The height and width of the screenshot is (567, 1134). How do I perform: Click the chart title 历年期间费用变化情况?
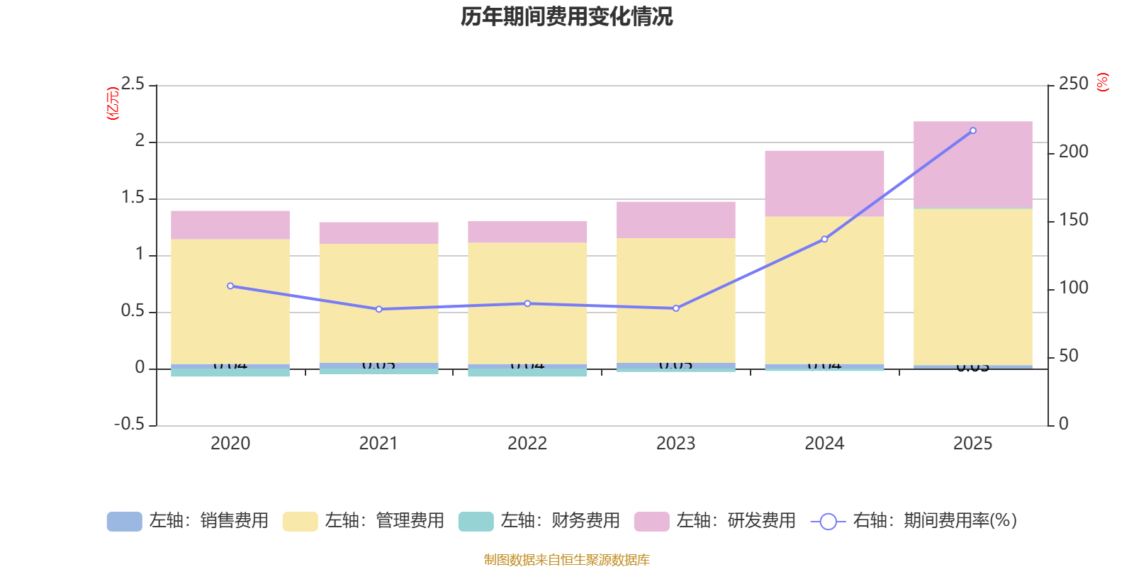pos(566,16)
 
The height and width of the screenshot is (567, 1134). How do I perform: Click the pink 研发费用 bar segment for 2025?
pos(972,164)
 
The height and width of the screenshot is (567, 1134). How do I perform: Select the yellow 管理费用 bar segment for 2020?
pos(230,301)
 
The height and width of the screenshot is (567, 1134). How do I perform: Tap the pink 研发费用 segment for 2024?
pos(824,183)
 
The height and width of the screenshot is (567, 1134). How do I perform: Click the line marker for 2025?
pos(972,130)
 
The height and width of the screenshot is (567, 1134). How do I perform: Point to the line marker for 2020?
pos(230,286)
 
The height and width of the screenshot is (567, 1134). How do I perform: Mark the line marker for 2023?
pos(675,308)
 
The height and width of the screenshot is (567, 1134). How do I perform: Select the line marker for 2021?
pos(378,309)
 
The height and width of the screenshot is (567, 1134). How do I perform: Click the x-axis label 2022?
pos(527,444)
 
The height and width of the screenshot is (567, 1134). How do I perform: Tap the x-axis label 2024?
pos(824,444)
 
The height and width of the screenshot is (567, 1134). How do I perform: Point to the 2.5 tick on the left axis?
pos(133,84)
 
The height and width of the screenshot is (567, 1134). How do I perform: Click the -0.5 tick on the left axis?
pos(129,424)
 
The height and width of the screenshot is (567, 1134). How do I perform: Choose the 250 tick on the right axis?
pos(1073,84)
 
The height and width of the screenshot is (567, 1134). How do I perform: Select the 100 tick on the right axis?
pos(1073,288)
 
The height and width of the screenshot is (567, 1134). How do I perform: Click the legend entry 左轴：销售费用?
pos(189,521)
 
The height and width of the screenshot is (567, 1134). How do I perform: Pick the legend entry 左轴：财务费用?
pos(540,521)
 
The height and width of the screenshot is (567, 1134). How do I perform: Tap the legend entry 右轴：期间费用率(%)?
pos(914,521)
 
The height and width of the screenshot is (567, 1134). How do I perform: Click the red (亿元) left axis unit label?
pos(112,103)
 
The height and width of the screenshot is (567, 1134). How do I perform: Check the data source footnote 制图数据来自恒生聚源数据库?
pos(566,560)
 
